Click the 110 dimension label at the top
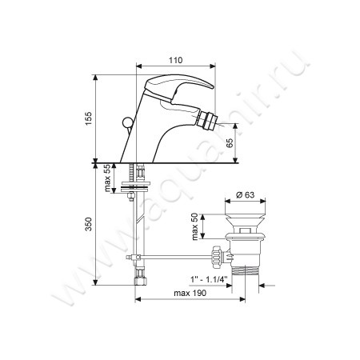click(176, 60)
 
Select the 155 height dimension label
click(88, 118)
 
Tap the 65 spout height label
click(230, 142)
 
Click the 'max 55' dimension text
click(107, 178)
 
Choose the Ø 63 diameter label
click(246, 195)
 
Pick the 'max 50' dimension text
click(195, 226)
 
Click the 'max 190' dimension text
click(190, 293)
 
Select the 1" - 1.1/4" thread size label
click(209, 279)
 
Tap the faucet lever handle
click(178, 86)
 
